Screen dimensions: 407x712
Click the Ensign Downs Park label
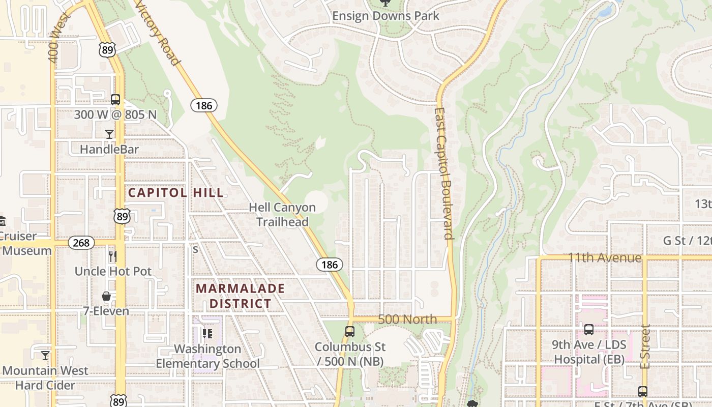click(x=385, y=16)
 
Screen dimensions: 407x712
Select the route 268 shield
click(x=81, y=243)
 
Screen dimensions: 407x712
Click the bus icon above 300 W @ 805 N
click(x=115, y=100)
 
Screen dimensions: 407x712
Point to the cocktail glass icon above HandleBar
click(x=109, y=134)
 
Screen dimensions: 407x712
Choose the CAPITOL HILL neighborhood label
click(x=175, y=193)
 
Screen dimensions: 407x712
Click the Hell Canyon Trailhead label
click(x=282, y=215)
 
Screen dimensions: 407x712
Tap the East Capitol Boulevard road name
click(x=443, y=173)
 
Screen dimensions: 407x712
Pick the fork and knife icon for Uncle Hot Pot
click(x=113, y=256)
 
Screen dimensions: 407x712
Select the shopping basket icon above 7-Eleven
click(x=106, y=296)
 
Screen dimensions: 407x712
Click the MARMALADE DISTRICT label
click(x=240, y=296)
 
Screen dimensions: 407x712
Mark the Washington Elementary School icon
click(x=207, y=334)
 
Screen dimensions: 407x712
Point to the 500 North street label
click(x=407, y=319)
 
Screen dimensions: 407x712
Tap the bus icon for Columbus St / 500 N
click(x=350, y=332)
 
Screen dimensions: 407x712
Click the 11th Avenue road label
click(x=605, y=258)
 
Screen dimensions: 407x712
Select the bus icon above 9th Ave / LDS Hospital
click(x=589, y=330)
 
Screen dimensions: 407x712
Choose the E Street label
click(x=645, y=346)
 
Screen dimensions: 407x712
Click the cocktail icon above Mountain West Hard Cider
click(x=45, y=355)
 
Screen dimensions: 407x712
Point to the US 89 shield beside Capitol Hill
click(x=122, y=216)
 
